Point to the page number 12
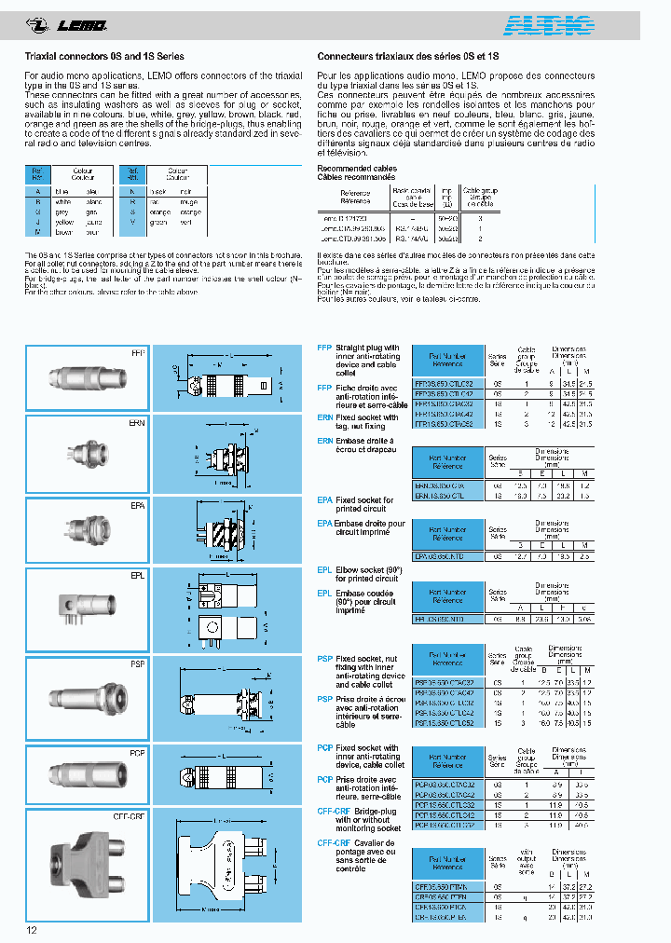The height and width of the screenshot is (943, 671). (x=32, y=929)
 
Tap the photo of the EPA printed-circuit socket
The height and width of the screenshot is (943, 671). (x=85, y=529)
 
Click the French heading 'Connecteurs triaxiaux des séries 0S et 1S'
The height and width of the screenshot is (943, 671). (x=409, y=56)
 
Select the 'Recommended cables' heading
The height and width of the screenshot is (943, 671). (x=357, y=169)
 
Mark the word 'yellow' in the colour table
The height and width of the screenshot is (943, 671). (x=64, y=223)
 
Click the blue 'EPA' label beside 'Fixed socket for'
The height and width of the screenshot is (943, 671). (x=325, y=500)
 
